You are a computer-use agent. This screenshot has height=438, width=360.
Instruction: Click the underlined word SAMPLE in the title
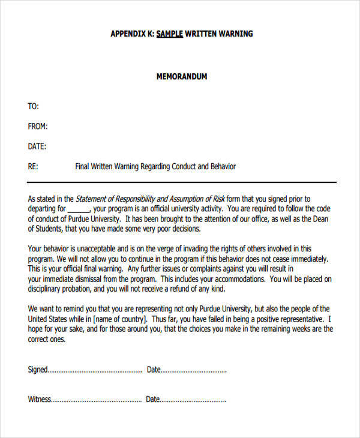pyautogui.click(x=170, y=34)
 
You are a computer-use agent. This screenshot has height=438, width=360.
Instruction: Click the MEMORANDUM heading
pyautogui.click(x=182, y=77)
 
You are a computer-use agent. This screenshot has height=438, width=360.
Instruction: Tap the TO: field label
pyautogui.click(x=34, y=107)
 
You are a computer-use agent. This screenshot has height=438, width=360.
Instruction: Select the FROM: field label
pyautogui.click(x=38, y=127)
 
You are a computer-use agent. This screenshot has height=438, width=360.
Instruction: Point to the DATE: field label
pyautogui.click(x=37, y=146)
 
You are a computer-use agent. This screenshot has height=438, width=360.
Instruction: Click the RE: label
pyautogui.click(x=34, y=166)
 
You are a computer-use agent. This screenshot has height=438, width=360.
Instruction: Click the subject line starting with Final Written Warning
pyautogui.click(x=155, y=166)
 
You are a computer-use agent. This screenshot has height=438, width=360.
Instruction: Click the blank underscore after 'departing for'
pyautogui.click(x=79, y=209)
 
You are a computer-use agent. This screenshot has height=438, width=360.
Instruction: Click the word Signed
pyautogui.click(x=37, y=370)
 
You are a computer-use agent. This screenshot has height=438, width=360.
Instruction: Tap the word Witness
pyautogui.click(x=39, y=399)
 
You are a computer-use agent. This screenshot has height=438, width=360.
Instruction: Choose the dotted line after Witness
pyautogui.click(x=97, y=400)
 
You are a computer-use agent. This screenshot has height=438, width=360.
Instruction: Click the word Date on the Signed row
pyautogui.click(x=154, y=370)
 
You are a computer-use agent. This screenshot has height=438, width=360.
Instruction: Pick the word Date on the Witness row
pyautogui.click(x=153, y=399)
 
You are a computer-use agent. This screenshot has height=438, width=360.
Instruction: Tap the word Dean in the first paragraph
pyautogui.click(x=320, y=219)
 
